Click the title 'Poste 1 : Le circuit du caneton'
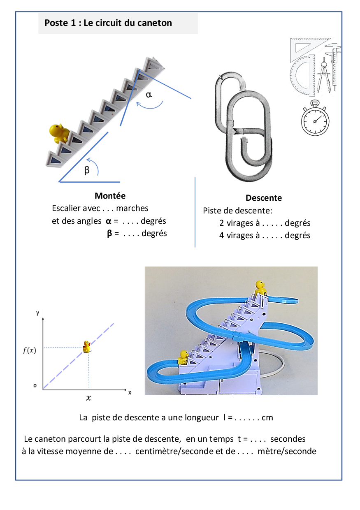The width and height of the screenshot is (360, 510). click(x=108, y=23)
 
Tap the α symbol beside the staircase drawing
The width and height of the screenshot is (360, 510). click(x=149, y=94)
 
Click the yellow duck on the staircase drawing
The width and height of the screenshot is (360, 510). click(x=60, y=132)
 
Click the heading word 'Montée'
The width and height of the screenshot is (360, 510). click(x=110, y=196)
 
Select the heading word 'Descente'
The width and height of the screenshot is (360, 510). click(x=264, y=198)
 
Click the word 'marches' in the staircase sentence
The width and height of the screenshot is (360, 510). click(x=132, y=208)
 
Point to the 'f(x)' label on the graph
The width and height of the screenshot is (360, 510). click(x=29, y=351)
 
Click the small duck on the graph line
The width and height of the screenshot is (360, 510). click(x=87, y=346)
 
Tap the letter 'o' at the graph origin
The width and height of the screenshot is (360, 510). click(x=35, y=386)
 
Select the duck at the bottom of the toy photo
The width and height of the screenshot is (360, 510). click(x=183, y=357)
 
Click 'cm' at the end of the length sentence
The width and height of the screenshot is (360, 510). click(x=267, y=418)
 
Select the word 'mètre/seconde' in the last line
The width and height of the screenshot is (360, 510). click(x=287, y=451)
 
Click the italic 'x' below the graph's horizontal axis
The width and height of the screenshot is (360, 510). click(x=88, y=398)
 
